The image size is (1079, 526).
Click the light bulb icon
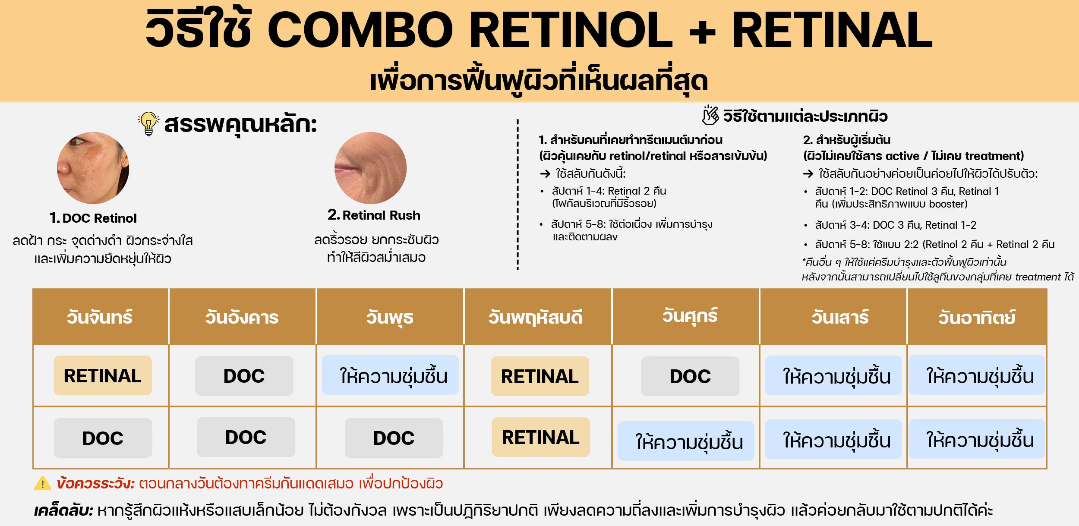148,124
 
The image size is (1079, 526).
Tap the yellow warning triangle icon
42,483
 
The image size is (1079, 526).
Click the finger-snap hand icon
710,115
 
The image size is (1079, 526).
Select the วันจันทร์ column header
100,317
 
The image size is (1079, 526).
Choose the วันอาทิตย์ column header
977,318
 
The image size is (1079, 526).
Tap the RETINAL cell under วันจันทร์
103,375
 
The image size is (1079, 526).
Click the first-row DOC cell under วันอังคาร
244,376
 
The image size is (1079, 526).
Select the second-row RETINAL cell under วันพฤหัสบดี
541,437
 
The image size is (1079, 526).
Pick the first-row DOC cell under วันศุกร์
690,376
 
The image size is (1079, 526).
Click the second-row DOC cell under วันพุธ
394,438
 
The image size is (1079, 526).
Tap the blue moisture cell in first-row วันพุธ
390,375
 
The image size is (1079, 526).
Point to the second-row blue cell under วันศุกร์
686,441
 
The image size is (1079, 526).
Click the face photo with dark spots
93,168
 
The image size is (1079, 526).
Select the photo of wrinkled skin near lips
370,168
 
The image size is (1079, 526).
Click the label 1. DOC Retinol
93,218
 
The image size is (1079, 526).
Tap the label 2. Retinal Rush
374,215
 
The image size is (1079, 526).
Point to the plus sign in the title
702,31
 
